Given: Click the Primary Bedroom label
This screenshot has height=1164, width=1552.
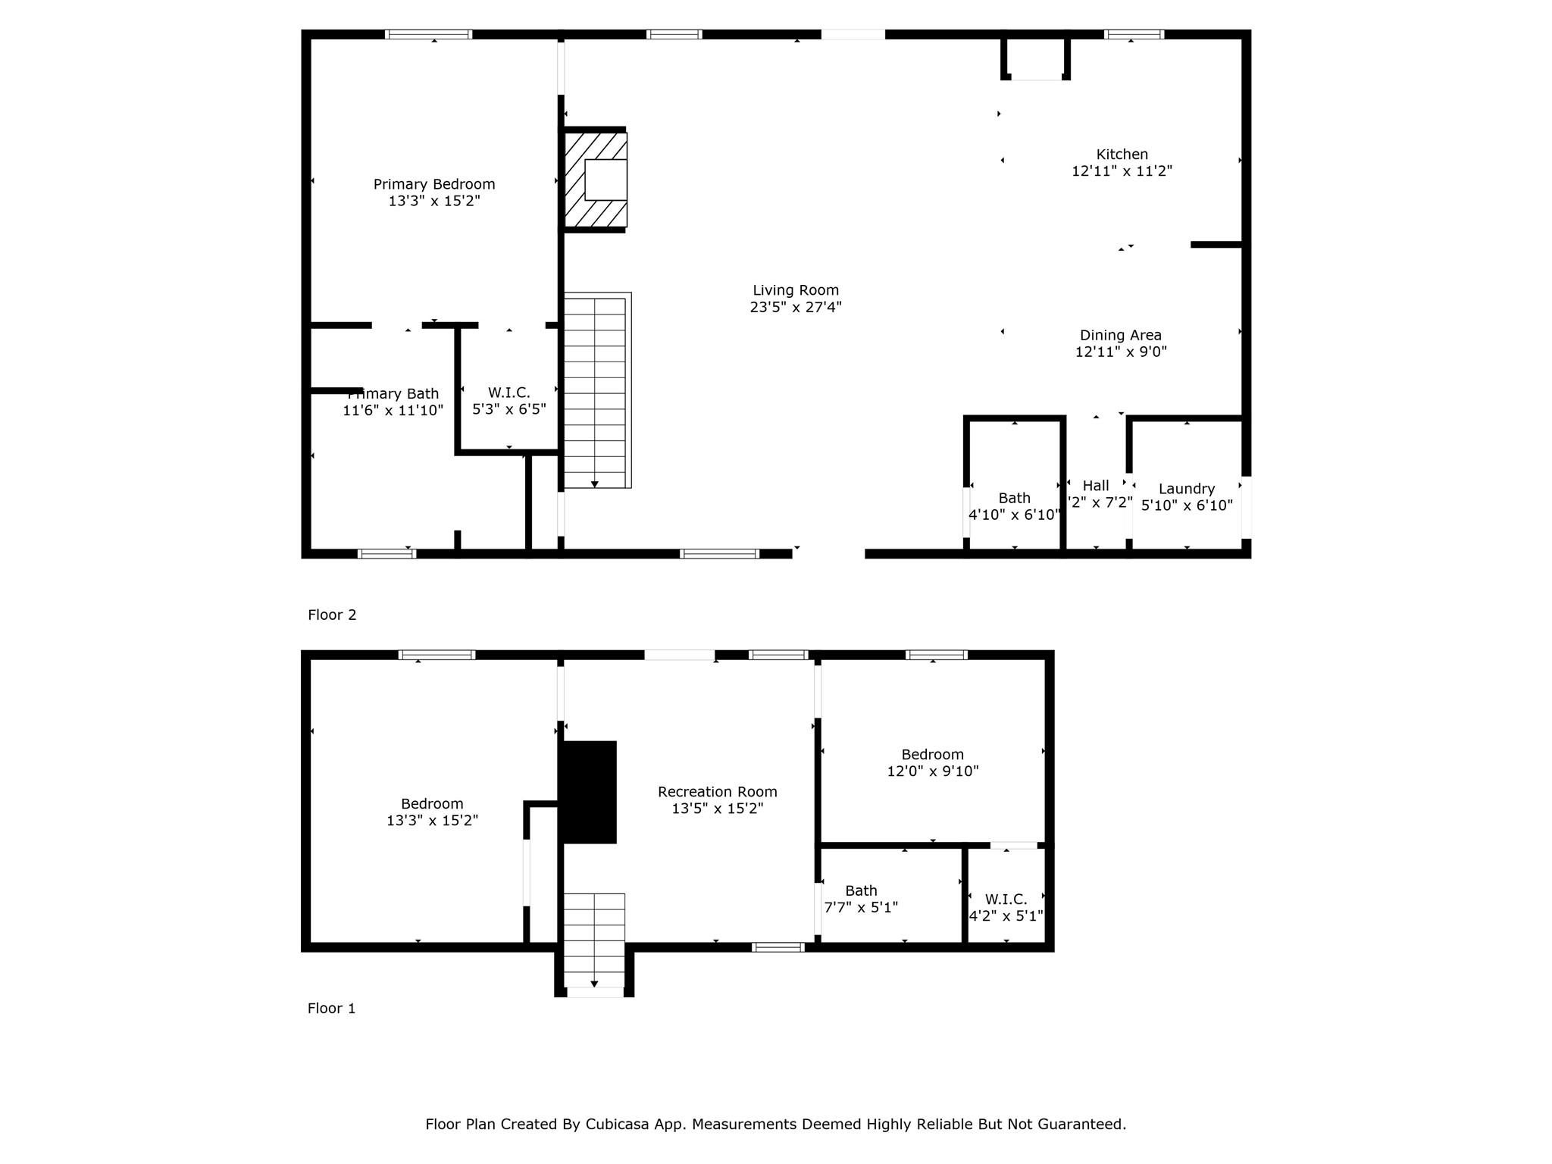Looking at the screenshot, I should coord(433,184).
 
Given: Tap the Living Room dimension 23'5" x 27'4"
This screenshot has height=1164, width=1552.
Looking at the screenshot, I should coord(796,307).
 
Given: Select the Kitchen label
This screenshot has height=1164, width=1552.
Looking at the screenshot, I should coord(1122,155).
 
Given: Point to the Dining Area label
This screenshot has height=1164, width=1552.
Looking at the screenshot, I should coord(1120,335).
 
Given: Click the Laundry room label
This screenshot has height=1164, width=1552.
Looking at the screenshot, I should coord(1186,489).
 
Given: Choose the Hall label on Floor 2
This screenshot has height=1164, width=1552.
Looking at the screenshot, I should coord(1095,486).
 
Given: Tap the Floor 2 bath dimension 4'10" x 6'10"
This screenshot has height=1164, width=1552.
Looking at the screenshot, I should coord(1014,515).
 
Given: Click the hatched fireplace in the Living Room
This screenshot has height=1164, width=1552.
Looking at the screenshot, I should coord(596,180).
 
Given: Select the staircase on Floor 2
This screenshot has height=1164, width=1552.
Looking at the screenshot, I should coord(596,391).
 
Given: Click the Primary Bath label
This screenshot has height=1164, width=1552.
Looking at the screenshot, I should coord(394,394).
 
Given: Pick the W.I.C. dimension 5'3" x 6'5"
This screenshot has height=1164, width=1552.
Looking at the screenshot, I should coord(508,409).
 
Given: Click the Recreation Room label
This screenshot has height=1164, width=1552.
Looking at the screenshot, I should coord(717,792).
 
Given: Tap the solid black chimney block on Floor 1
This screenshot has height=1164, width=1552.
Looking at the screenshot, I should coord(588,792).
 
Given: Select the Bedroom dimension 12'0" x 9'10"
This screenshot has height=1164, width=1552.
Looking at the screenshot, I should coord(932,771).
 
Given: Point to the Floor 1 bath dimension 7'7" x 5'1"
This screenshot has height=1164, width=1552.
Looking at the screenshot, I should coord(861,907).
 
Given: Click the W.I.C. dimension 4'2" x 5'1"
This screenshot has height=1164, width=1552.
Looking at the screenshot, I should coord(1006,915).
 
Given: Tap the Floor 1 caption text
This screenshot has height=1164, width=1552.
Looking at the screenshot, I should coord(331,1008).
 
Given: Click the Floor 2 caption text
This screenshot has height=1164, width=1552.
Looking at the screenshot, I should coord(331,615).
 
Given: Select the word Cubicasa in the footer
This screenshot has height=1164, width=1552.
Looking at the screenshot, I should coord(615,1124).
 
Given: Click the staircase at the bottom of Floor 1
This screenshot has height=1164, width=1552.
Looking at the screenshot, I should coord(594,940).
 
